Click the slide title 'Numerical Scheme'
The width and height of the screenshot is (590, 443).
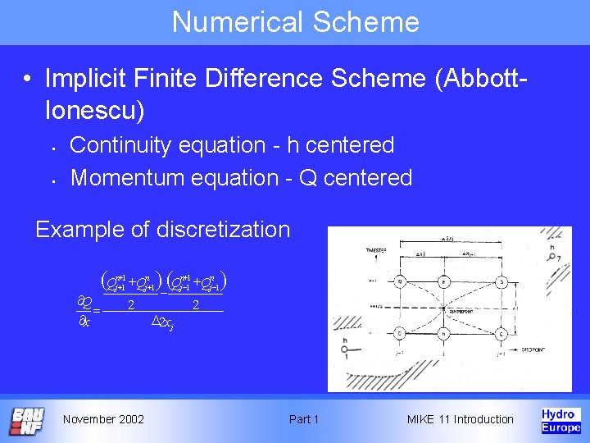tap(295, 21)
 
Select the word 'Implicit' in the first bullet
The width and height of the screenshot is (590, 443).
tap(82, 79)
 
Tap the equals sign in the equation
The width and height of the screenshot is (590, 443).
tap(96, 311)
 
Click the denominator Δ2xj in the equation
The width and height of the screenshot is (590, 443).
tap(163, 325)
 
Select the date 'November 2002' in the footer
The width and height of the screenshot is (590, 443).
tap(103, 419)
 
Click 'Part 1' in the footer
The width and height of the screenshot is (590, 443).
tap(304, 419)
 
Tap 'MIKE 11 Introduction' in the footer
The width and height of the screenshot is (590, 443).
tap(460, 419)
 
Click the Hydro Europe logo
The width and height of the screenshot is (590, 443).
tap(561, 420)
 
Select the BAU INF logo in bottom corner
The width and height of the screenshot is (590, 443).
tap(27, 421)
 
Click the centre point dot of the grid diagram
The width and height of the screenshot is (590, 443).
tap(444, 308)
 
